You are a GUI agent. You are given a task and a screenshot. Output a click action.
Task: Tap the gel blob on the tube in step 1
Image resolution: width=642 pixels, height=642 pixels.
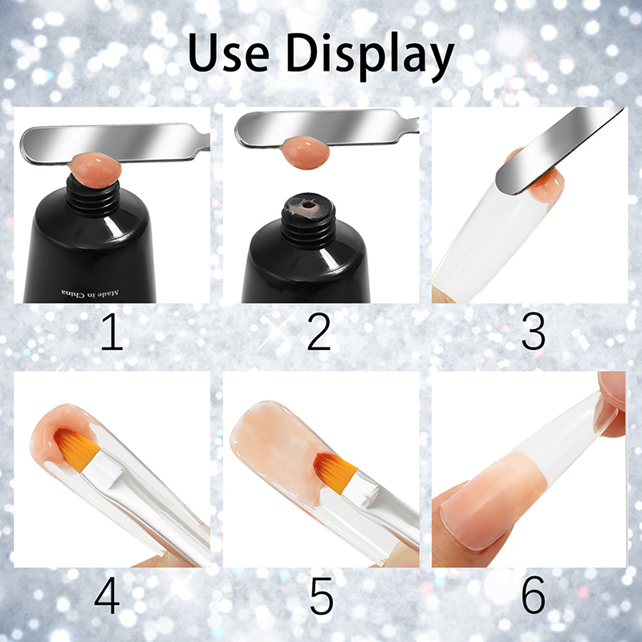95,169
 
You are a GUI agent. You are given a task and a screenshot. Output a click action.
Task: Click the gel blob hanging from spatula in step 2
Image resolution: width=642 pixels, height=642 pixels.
307,152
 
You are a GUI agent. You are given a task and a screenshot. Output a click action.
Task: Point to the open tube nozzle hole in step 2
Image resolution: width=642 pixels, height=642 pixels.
307,205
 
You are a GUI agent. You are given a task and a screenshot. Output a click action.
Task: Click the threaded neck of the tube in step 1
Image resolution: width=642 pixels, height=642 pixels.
93,196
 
